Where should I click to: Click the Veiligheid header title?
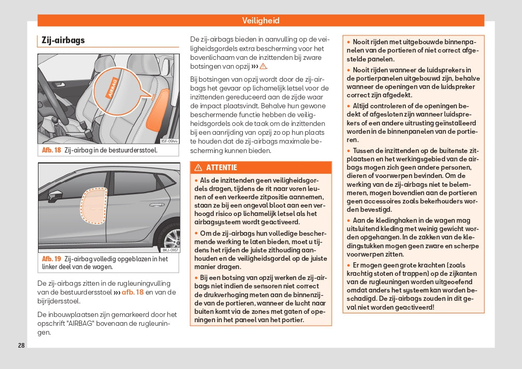pos(260,20)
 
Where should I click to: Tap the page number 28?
pos(21,346)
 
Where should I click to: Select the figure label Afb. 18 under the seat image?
pos(51,150)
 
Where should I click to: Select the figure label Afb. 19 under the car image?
pos(51,259)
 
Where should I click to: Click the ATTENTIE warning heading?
pos(221,168)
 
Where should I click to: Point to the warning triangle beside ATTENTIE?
pos(198,168)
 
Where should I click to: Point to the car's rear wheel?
pos(171,239)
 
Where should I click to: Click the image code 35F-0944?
pos(169,141)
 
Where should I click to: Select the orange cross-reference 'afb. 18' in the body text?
pos(133,292)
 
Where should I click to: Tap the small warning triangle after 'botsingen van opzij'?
pos(263,67)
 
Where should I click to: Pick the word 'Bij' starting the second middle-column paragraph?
pos(194,79)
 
